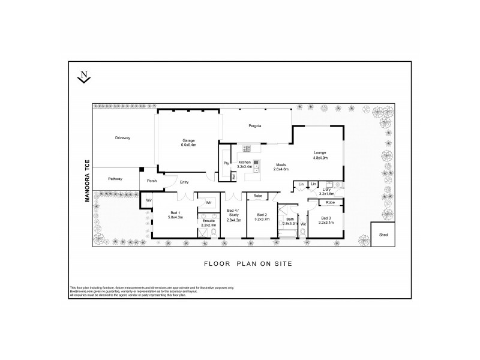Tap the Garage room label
point(189,143)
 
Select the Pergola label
point(256,126)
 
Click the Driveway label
point(123,138)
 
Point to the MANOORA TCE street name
point(87,181)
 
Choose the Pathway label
point(116,179)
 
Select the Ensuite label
point(209,222)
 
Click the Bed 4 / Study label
point(233,214)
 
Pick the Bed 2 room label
point(262,217)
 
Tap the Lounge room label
point(319,154)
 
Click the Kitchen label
point(244,164)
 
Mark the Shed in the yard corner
point(383,235)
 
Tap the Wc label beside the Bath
point(303,224)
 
